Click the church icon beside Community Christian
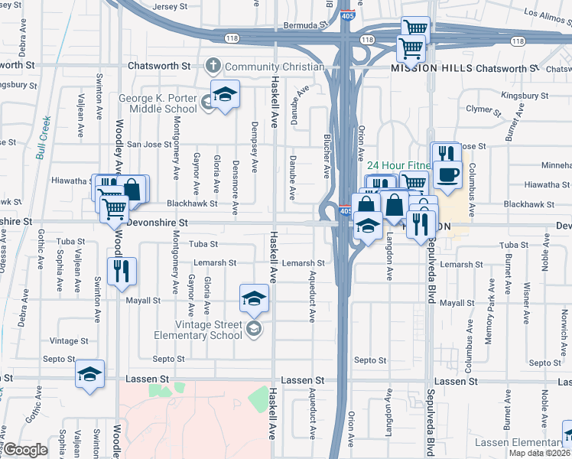(213, 67)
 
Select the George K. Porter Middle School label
(158, 103)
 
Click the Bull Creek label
(43, 137)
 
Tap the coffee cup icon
(447, 175)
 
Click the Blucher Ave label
(327, 157)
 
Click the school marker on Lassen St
(90, 374)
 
